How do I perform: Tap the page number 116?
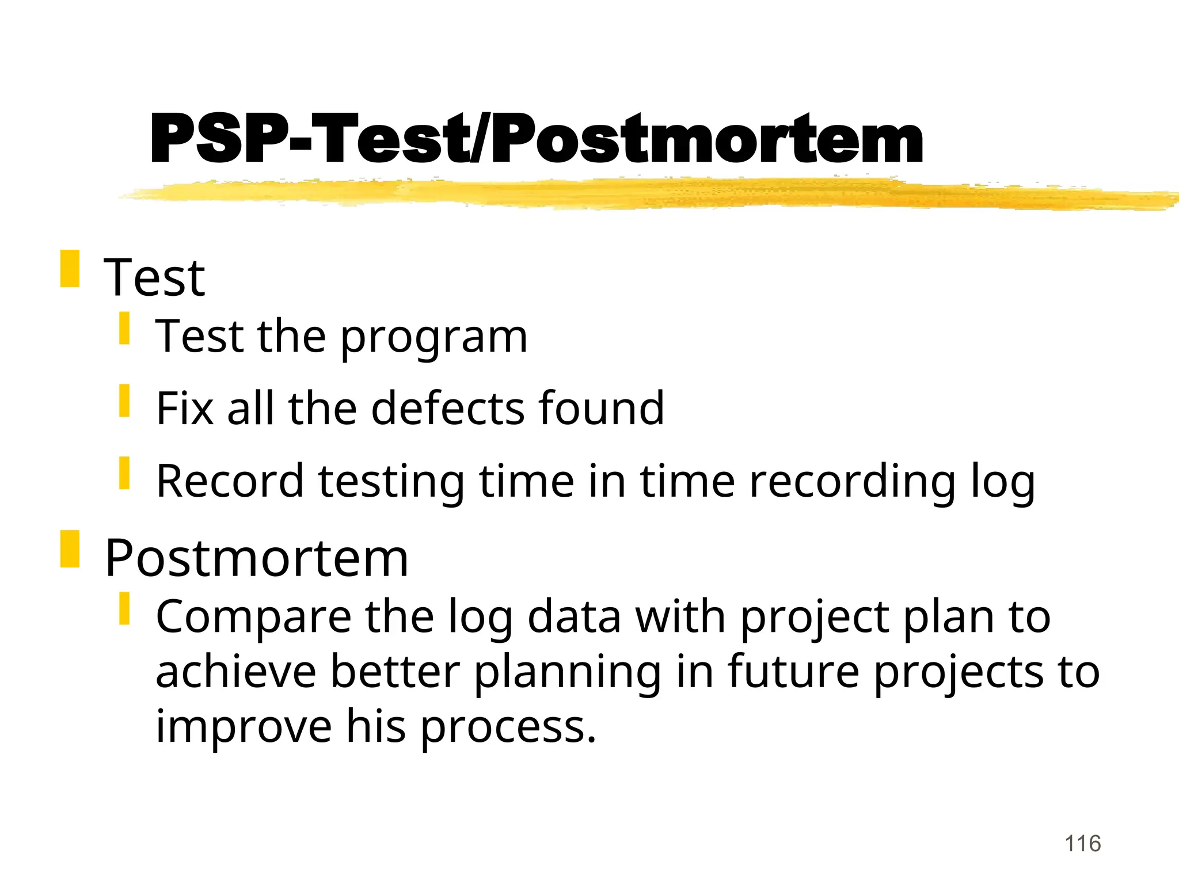pos(1082,844)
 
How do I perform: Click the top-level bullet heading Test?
pos(154,278)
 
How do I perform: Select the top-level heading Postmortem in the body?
pos(256,558)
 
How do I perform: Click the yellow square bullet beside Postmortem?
pos(70,550)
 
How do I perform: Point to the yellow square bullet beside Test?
pos(70,269)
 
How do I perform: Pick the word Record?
pos(229,481)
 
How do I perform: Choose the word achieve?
pos(235,672)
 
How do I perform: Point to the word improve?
pos(244,726)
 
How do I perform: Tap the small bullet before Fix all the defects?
pos(124,401)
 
